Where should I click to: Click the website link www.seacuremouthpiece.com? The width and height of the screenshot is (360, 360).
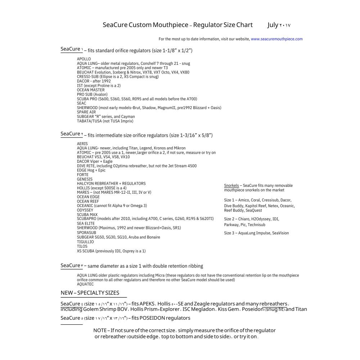coord(276,39)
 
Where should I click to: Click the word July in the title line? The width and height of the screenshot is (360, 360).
coord(273,25)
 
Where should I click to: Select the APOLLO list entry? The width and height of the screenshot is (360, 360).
coord(84,59)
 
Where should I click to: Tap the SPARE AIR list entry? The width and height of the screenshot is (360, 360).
coord(86,112)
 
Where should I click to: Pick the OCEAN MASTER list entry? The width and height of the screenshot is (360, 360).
coord(91,90)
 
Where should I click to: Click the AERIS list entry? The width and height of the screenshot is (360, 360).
coord(82,144)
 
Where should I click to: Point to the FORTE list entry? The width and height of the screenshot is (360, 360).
coord(82,175)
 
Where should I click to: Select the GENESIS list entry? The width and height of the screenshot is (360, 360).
coord(85,179)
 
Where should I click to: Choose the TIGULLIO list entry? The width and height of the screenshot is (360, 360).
coord(85,242)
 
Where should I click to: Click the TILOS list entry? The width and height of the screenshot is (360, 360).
coord(82,246)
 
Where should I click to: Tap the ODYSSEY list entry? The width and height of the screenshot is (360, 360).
coord(85,210)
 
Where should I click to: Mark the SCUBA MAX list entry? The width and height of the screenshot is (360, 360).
coord(87,215)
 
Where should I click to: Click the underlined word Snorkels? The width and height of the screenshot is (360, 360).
coord(231,185)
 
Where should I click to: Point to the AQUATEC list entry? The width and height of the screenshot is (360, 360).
coord(85,284)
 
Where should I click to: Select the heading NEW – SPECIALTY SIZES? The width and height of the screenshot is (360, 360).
coord(90,293)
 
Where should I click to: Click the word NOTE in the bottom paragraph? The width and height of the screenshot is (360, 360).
coord(100,330)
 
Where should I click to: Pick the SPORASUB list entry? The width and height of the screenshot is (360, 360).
coord(86,233)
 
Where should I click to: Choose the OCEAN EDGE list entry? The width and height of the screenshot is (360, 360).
coord(88,197)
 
